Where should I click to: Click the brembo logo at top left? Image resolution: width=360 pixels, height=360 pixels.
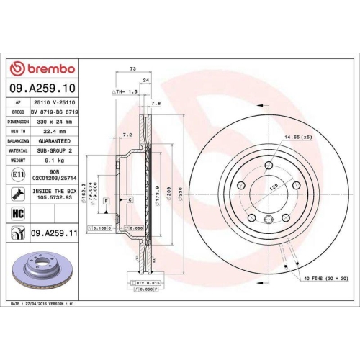(x=41, y=68)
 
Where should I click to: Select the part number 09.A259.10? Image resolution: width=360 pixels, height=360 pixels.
(x=41, y=89)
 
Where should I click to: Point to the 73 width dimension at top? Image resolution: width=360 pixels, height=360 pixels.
(x=132, y=68)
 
